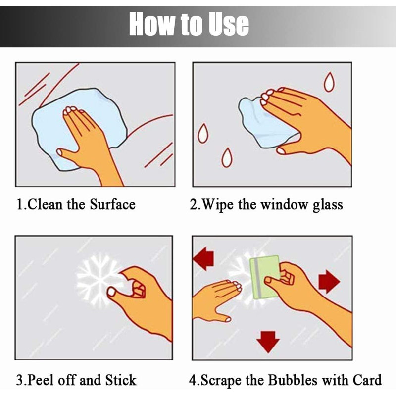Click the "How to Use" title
pos(189,24)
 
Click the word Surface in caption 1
pos(113,204)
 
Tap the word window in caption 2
pos(284,204)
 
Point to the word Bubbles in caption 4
pos(293,380)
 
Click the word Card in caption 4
pos(367,380)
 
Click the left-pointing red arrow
pos(203,258)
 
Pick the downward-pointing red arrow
pos(268,342)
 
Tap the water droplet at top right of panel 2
pos(329,82)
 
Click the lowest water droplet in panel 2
pos(227,158)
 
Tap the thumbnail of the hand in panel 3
pos(111,292)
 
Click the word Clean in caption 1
pos(45,204)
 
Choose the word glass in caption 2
pos(328,205)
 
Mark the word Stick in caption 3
pos(121,380)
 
